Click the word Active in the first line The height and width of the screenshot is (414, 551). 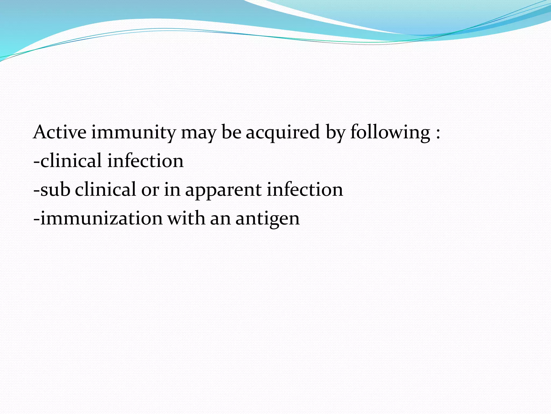tap(60, 132)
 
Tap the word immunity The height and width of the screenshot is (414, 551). tap(133, 132)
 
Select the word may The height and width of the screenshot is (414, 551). tap(199, 133)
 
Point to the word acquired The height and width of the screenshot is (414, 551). tap(282, 132)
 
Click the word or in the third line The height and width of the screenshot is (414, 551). tap(150, 190)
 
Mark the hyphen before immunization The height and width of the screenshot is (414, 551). tap(37, 219)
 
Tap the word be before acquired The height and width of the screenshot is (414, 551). tap(231, 132)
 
